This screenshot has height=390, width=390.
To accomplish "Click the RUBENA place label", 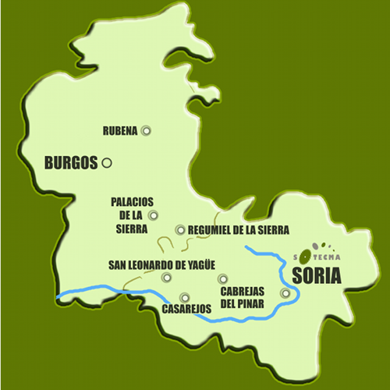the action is (120, 131).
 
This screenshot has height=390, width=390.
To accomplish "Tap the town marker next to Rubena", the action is (145, 131).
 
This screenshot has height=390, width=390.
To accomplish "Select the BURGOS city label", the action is (71, 163).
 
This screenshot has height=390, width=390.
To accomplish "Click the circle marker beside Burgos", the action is (107, 163).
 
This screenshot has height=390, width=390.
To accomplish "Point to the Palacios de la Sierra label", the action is (129, 214).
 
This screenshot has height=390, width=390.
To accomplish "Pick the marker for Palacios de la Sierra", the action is (153, 215).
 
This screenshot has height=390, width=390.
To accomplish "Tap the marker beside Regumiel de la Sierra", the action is (180, 229).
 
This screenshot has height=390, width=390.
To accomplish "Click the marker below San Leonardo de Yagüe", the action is (165, 278).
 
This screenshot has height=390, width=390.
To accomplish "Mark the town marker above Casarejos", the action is (184, 296).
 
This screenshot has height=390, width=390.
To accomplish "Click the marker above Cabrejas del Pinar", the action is (222, 278).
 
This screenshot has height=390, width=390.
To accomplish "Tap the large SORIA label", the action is (317, 275).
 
